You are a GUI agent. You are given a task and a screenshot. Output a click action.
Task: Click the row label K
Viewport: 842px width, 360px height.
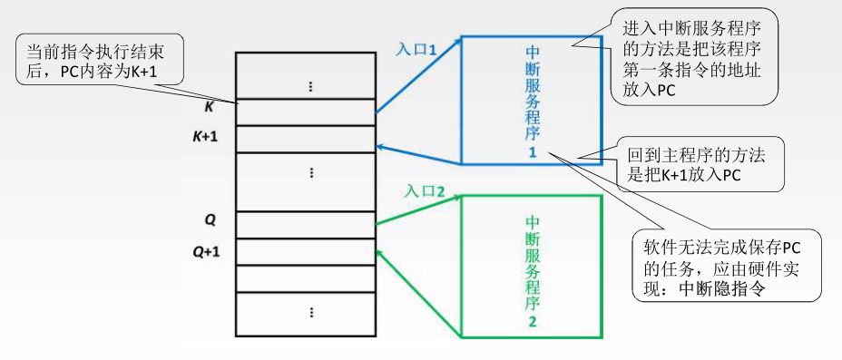tap(209, 107)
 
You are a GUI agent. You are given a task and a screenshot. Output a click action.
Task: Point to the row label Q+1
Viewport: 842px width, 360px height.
tap(209, 252)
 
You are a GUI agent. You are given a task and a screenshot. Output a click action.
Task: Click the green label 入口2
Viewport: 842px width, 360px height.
tap(425, 191)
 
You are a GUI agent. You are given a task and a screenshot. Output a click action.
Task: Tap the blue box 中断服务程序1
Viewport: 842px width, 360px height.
tap(532, 100)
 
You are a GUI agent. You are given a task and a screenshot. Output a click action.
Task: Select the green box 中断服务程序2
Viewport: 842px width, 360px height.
tap(532, 267)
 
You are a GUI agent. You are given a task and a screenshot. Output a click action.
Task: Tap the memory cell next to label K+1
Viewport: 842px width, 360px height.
tap(305, 139)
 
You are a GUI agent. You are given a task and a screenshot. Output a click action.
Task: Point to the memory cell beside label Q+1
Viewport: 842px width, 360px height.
tap(305, 251)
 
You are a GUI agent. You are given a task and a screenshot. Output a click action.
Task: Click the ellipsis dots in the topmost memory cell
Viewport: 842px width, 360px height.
tap(310, 87)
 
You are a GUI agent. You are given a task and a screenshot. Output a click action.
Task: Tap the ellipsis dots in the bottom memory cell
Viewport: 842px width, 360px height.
tap(310, 312)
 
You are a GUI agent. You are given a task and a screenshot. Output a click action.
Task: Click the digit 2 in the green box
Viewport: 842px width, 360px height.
tap(533, 322)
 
